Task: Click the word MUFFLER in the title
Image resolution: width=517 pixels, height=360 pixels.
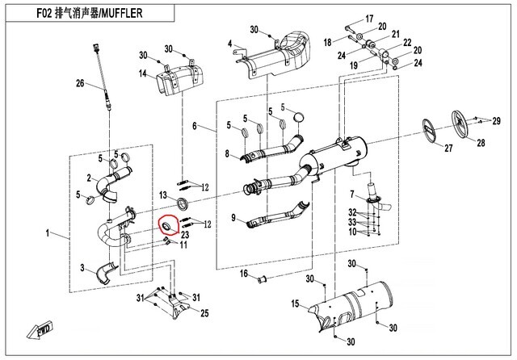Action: [x=146, y=17]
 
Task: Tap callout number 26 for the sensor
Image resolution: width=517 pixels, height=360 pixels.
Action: [x=80, y=84]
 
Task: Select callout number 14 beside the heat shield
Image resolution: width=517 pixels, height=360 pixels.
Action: [x=141, y=74]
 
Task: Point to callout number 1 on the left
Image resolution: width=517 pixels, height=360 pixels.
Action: [x=49, y=234]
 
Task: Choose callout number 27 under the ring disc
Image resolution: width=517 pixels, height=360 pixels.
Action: [x=429, y=149]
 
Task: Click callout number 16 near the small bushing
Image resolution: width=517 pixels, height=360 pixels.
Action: [x=242, y=274]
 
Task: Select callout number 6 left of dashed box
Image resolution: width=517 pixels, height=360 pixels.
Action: [x=195, y=126]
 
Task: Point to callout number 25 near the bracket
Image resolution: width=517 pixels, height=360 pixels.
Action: [x=204, y=312]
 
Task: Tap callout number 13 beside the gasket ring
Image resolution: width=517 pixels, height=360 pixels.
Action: [x=162, y=195]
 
